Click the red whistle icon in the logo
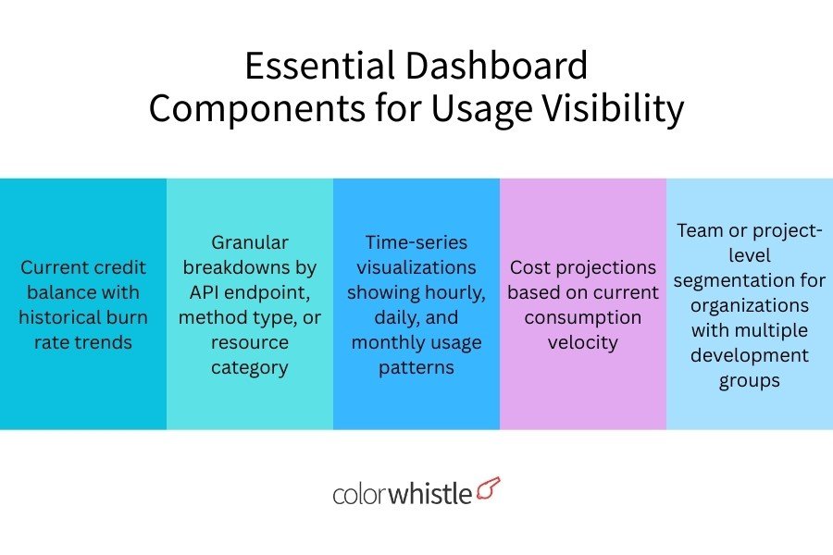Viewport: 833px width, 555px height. tap(489, 489)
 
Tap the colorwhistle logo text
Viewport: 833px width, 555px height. tap(402, 493)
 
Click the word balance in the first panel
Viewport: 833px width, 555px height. tap(56, 292)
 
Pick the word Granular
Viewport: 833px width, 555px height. tap(250, 242)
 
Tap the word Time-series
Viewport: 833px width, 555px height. tap(416, 242)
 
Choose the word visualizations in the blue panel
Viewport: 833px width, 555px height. tap(416, 267)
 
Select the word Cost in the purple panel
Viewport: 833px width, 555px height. tap(530, 267)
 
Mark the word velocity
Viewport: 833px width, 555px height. tap(583, 342)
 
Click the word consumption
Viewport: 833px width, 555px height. tap(583, 317)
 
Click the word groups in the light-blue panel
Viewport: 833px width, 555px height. tap(750, 380)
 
